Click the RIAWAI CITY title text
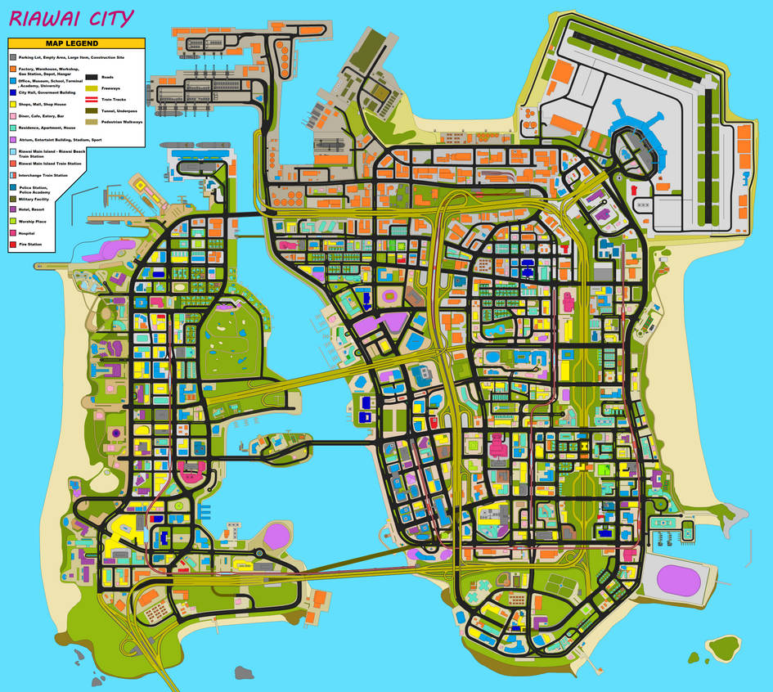pyautogui.click(x=73, y=20)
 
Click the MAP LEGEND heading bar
pyautogui.click(x=76, y=43)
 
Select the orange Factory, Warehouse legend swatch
pyautogui.click(x=12, y=70)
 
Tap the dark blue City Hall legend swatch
pyautogui.click(x=12, y=92)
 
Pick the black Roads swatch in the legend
pyautogui.click(x=92, y=76)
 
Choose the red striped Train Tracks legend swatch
pyautogui.click(x=92, y=98)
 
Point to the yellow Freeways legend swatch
pyautogui.click(x=92, y=87)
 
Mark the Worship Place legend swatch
pyautogui.click(x=12, y=220)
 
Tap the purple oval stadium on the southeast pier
pyautogui.click(x=678, y=581)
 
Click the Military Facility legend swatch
pyautogui.click(x=12, y=197)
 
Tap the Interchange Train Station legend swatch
pyautogui.click(x=12, y=174)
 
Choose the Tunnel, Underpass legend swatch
pyautogui.click(x=92, y=110)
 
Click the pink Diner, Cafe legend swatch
pyautogui.click(x=12, y=116)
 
